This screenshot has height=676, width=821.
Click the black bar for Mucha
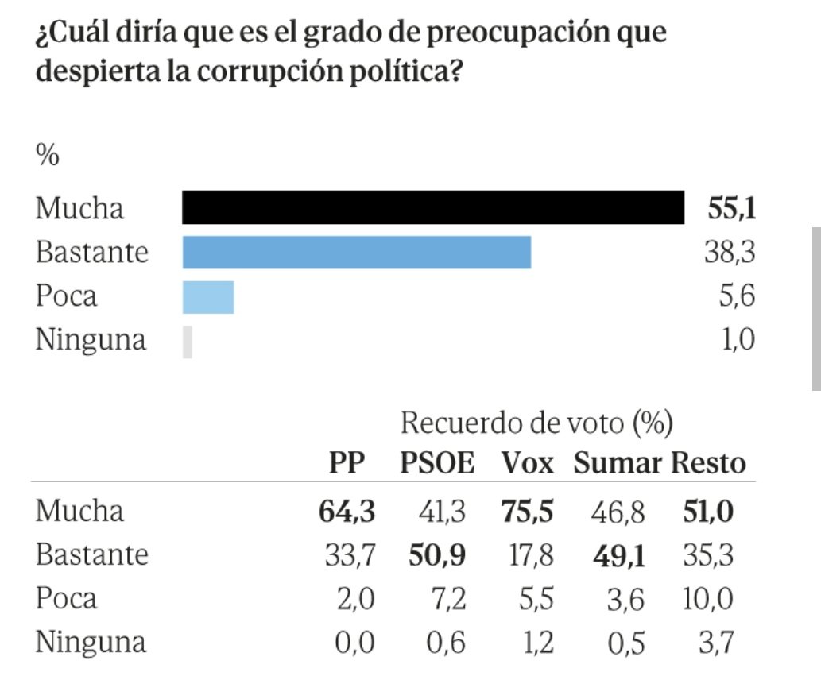(433, 208)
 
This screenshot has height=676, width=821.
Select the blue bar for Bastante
(356, 252)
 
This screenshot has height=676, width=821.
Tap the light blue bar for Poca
(208, 296)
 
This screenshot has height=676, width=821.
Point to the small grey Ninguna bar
(188, 341)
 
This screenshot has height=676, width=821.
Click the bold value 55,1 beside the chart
(730, 209)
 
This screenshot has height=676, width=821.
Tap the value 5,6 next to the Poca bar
(737, 296)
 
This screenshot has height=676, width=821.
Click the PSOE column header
(436, 463)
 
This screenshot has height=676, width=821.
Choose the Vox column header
(527, 463)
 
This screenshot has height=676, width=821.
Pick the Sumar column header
(618, 463)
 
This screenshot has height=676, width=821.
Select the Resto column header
(710, 463)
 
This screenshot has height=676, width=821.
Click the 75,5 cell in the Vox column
(528, 511)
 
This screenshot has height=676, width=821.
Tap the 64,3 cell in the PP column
(346, 511)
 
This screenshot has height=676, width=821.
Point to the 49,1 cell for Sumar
(619, 554)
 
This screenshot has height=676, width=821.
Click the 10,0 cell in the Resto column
(708, 597)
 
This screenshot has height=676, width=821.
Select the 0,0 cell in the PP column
(355, 641)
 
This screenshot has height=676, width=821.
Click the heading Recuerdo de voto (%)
(536, 423)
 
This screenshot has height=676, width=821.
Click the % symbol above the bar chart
(47, 156)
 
